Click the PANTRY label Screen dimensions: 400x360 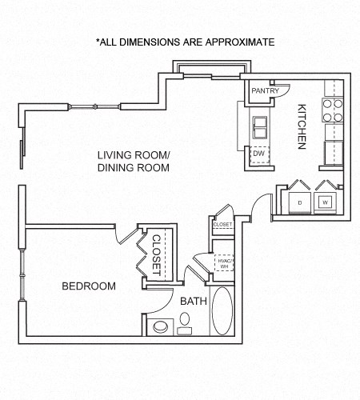click(x=265, y=91)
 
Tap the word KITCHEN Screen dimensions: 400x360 click(x=302, y=126)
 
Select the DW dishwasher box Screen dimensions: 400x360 click(x=259, y=153)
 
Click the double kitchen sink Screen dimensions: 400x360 click(x=260, y=126)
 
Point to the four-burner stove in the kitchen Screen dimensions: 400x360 click(x=332, y=111)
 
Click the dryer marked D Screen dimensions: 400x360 click(x=298, y=202)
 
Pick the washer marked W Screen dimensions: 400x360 click(x=326, y=202)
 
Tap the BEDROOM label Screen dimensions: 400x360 click(x=89, y=286)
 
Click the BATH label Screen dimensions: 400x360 click(x=193, y=301)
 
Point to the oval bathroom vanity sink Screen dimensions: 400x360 click(x=186, y=321)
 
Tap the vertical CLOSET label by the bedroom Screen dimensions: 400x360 click(x=157, y=254)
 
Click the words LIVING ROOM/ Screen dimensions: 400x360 click(x=134, y=154)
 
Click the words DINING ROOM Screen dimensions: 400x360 click(x=134, y=168)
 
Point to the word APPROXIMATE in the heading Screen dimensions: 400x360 click(x=237, y=42)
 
